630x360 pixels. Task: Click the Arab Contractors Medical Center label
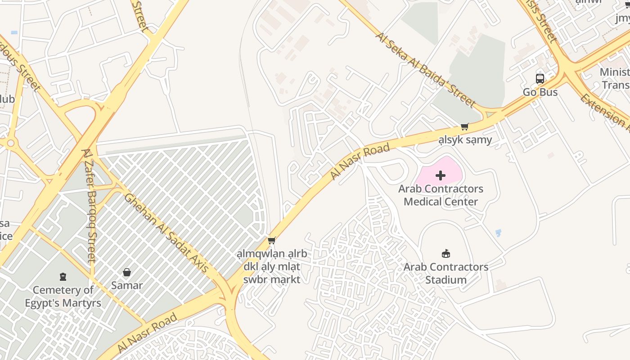[x=441, y=195]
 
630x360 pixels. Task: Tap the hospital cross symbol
[x=441, y=175]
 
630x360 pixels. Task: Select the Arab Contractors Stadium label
[x=446, y=273]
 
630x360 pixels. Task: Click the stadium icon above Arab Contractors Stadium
[x=446, y=254]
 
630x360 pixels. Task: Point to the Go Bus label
[x=540, y=92]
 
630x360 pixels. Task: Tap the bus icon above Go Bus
[x=540, y=79]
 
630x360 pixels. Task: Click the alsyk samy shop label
[x=465, y=140]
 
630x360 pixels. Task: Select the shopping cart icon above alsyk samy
[x=465, y=127]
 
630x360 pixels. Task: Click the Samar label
[x=127, y=285]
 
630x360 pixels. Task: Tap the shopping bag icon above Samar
[x=127, y=272]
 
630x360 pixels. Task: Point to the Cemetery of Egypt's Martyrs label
[x=63, y=297]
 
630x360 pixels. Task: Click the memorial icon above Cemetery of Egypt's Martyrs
[x=63, y=276]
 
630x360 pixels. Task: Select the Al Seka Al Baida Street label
[x=425, y=69]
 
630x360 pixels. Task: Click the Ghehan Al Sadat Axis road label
[x=167, y=233]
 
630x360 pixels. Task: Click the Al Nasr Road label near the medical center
[x=360, y=162]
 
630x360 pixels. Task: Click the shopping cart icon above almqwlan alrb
[x=271, y=241]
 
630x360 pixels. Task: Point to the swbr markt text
[x=271, y=279]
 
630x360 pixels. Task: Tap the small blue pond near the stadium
[x=498, y=233]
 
